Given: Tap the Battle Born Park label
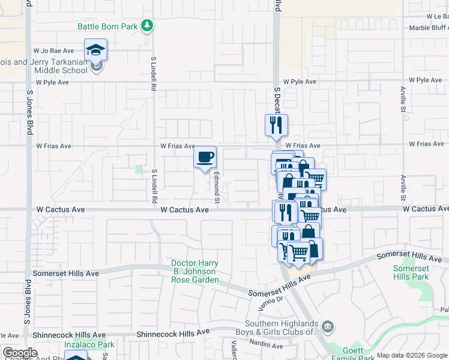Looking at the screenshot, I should (x=107, y=26).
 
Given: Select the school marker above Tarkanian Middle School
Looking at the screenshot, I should (x=95, y=49).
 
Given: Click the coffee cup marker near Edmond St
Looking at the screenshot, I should (x=205, y=157).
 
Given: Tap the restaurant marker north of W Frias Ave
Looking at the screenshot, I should (x=276, y=125).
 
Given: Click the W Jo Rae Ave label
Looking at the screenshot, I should (x=53, y=51).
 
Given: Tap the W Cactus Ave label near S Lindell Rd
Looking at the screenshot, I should (x=184, y=210).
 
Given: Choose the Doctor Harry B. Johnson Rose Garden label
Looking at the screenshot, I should (x=194, y=271).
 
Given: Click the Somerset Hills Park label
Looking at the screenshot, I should (x=411, y=273).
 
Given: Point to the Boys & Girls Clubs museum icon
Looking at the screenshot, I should (x=328, y=326).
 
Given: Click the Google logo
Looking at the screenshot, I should (x=20, y=353).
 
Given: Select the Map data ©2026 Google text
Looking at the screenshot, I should (x=412, y=356).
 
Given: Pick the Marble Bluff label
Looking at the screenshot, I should (x=428, y=28).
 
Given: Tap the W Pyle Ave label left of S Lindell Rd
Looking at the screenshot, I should (x=52, y=82).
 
